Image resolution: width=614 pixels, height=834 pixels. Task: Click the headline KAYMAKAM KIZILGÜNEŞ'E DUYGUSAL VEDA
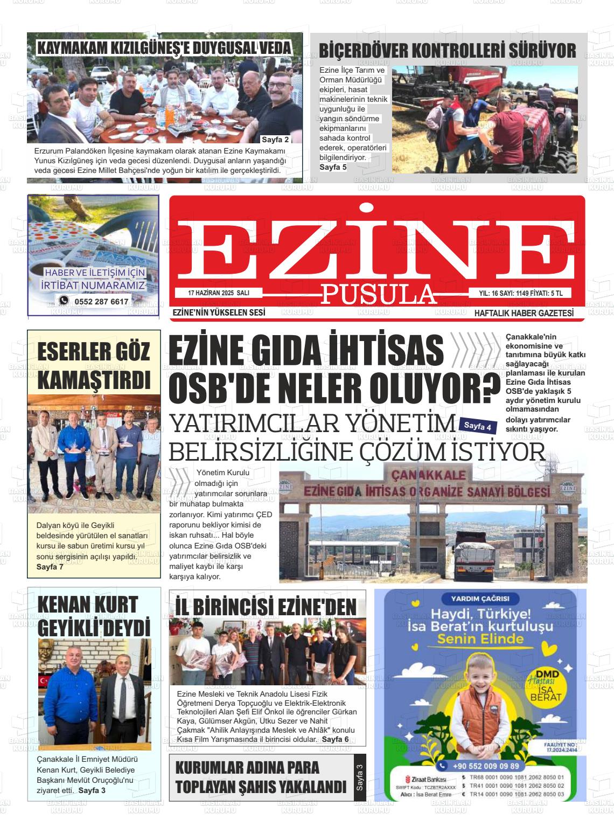(x=164, y=48)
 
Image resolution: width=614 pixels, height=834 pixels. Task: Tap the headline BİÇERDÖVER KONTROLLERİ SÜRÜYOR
(x=448, y=51)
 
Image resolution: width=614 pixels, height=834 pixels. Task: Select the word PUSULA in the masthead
(x=379, y=294)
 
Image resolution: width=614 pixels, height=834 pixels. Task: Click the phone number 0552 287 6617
(x=101, y=302)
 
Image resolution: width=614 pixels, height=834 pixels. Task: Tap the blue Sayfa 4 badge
(x=478, y=426)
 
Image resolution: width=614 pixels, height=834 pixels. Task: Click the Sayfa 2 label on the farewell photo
(x=275, y=140)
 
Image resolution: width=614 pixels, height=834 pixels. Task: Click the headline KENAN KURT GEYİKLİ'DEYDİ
(x=94, y=616)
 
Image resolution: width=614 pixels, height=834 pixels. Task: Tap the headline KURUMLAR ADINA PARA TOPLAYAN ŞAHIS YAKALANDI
(x=261, y=777)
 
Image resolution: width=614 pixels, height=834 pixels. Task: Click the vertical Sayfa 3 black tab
(x=359, y=777)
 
